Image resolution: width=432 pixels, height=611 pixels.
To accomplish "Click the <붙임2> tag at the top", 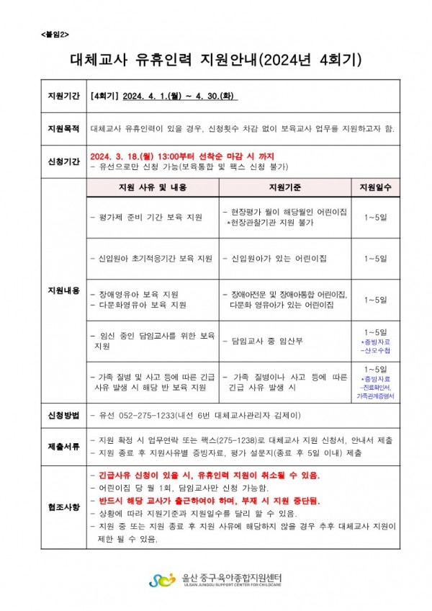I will click(55, 34).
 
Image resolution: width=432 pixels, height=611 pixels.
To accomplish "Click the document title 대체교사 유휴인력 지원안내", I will click(215, 59).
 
